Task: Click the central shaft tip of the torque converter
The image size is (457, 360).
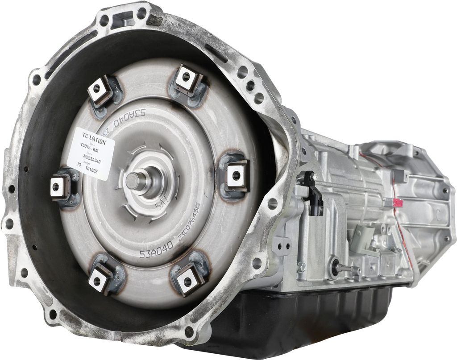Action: coord(133,180)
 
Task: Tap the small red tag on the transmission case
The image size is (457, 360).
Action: coord(396,203)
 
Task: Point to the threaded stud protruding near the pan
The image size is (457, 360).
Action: coord(348,268)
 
